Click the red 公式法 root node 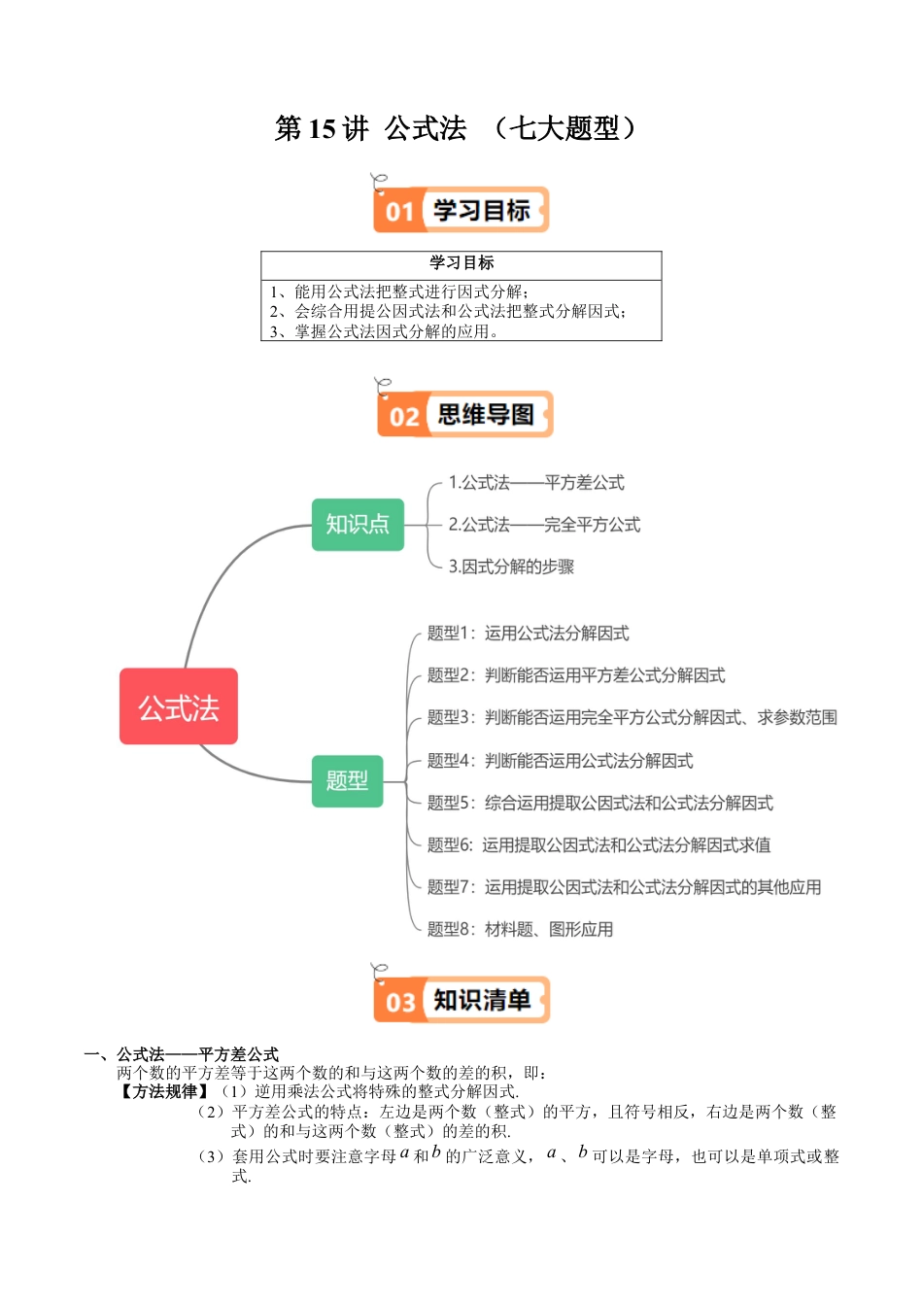pos(179,706)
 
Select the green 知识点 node pos(358,525)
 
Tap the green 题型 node pos(347,780)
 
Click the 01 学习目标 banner pos(462,210)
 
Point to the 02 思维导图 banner pos(465,415)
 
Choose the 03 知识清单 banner pos(462,1000)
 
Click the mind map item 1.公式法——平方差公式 pos(535,483)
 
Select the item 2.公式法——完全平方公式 pos(544,525)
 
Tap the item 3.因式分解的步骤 pos(511,567)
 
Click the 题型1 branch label pos(528,634)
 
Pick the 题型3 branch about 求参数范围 pos(632,717)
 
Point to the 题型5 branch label pos(599,803)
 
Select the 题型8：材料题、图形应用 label pos(520,929)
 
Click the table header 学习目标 pos(461,262)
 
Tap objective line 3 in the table pos(385,331)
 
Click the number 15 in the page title pos(322,128)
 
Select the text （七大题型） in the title pos(564,128)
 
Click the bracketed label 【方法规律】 pos(164,1091)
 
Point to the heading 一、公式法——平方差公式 pos(182,1054)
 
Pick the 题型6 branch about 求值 pos(598,844)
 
